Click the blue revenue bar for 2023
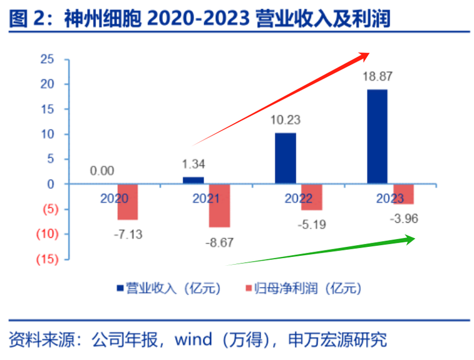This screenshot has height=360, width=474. [377, 137]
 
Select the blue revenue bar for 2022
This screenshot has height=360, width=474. [286, 159]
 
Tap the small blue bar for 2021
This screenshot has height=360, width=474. [193, 181]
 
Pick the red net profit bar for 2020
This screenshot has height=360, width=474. [127, 202]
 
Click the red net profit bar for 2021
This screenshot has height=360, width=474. [219, 206]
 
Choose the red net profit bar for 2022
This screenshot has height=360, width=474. [312, 197]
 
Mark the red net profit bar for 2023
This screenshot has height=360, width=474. [403, 194]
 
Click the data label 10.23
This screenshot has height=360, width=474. [285, 120]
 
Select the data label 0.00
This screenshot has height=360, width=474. [102, 171]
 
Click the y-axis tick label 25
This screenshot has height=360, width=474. [47, 59]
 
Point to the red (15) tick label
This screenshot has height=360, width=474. [46, 259]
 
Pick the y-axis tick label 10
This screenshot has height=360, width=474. [47, 134]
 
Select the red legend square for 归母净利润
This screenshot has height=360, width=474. [249, 288]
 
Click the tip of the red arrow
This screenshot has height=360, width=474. [369, 53]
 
